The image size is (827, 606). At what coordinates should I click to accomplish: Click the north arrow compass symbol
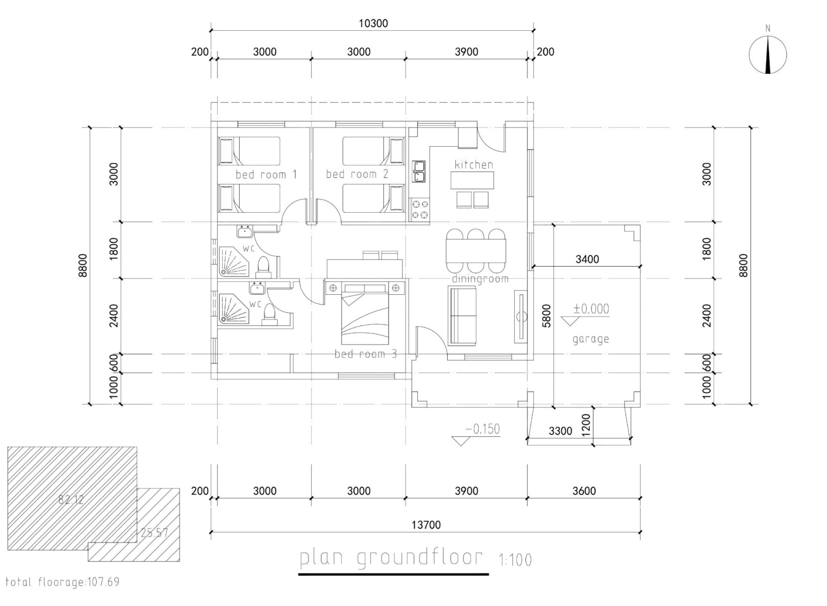point(768,55)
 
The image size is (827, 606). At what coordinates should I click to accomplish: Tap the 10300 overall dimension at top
point(373,23)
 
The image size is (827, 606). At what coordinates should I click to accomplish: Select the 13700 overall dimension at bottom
point(426,525)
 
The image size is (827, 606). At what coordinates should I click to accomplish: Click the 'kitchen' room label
point(474,165)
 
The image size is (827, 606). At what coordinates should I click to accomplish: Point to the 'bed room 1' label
point(266,174)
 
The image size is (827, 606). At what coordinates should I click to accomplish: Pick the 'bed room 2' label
point(357,174)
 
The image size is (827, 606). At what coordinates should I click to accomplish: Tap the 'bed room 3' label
point(366,354)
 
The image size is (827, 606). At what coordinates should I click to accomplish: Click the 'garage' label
point(591,339)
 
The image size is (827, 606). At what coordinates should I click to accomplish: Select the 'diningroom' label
point(480,279)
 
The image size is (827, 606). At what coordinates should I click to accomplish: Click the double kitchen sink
point(419,172)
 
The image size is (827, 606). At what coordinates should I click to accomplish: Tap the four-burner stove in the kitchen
point(420,209)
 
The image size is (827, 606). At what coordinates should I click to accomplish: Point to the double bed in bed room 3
point(365,314)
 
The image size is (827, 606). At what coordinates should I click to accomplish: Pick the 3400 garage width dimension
point(587,259)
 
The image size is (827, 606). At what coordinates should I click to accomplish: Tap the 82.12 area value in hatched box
point(71,500)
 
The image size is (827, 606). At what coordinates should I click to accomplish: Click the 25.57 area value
point(154,533)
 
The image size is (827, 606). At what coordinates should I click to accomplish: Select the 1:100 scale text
point(515,560)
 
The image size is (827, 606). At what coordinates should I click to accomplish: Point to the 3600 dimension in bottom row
point(584,491)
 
